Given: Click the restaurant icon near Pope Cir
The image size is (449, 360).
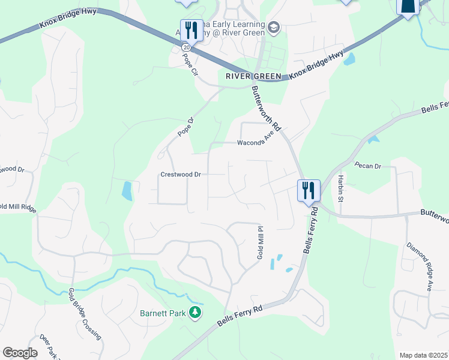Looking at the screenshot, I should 189,29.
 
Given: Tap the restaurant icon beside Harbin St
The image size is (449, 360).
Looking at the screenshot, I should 309,191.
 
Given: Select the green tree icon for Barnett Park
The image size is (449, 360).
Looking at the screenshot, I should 194,312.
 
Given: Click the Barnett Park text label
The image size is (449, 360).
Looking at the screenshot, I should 163,313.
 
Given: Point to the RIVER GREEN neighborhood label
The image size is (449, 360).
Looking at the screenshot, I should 253,76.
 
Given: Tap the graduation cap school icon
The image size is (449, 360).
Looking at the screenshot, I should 274,26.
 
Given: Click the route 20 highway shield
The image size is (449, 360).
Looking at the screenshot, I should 187,47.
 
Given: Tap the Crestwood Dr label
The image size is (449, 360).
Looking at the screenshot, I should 181,175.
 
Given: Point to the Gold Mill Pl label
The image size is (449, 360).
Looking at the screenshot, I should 261,242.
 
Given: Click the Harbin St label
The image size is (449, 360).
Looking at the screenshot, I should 340,189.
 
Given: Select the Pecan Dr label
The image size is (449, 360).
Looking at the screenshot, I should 367,165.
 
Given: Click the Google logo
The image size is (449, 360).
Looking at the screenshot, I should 20,353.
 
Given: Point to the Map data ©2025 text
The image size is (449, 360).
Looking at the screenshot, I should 423,355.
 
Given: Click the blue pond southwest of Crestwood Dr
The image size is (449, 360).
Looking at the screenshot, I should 127,191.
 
